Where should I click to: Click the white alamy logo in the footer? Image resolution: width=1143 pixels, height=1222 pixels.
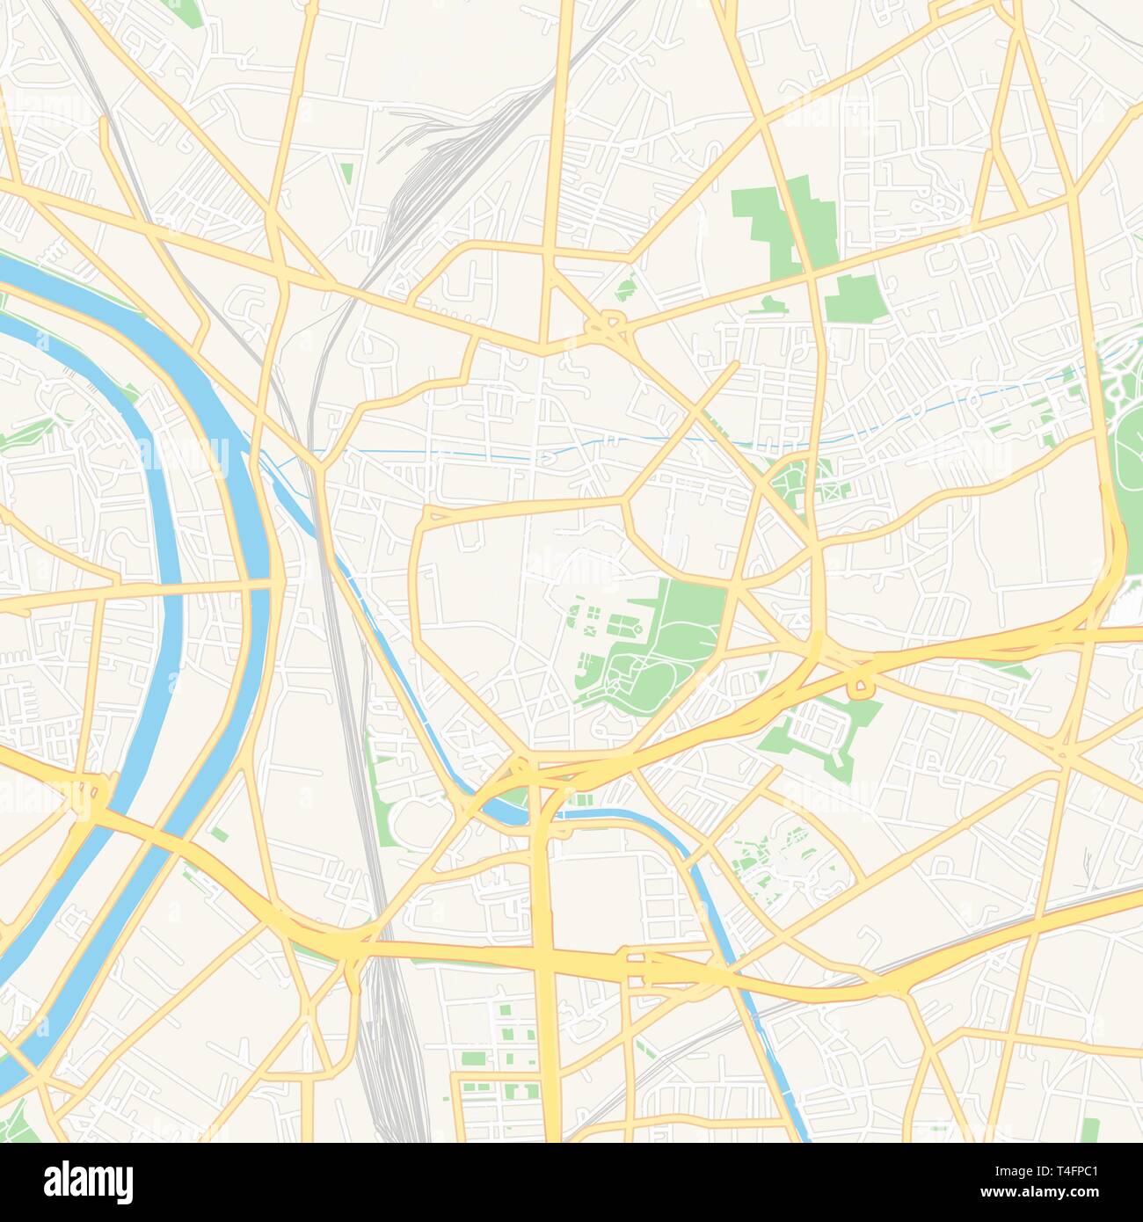click(89, 1181)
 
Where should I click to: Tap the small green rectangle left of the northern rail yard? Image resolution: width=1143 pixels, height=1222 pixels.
click(346, 173)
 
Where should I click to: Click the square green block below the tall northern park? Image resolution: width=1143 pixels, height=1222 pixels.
click(851, 297)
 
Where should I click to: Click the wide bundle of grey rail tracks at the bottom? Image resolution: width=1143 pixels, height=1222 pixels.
click(387, 1037)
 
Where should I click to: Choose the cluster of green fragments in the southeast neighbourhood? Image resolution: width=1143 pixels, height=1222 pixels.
click(774, 853)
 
